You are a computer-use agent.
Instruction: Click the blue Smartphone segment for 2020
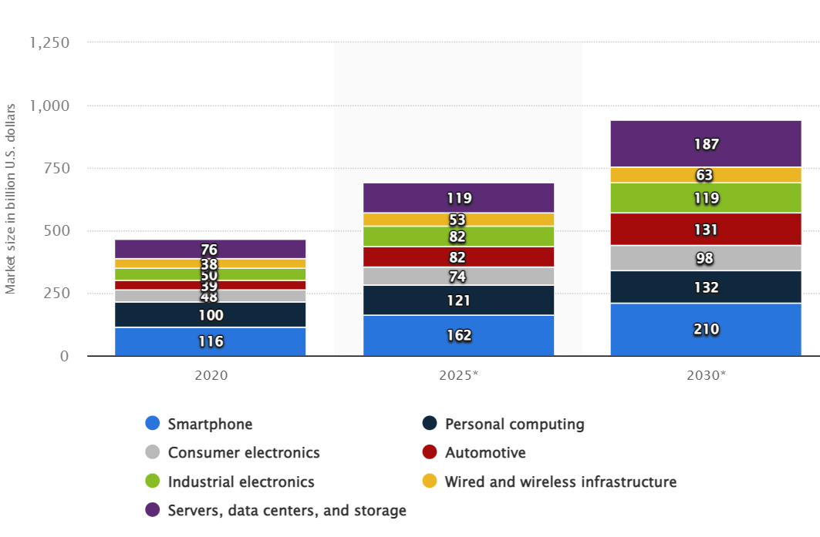click(210, 341)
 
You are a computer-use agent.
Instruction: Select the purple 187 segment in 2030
click(706, 143)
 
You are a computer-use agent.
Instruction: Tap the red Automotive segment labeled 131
click(706, 230)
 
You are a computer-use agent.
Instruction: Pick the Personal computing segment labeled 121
click(458, 300)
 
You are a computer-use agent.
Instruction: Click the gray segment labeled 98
click(706, 258)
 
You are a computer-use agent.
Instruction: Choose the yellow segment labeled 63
click(706, 175)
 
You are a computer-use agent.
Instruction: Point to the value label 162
click(458, 336)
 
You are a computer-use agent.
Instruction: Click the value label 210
click(706, 330)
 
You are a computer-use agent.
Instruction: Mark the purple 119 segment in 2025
click(458, 198)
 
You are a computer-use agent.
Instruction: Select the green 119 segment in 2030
click(706, 198)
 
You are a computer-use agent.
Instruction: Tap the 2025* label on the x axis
click(458, 375)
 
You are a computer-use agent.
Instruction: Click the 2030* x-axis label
click(706, 375)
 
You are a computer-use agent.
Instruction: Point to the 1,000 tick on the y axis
click(49, 106)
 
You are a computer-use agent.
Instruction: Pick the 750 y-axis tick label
click(55, 168)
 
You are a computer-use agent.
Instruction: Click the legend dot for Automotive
click(430, 452)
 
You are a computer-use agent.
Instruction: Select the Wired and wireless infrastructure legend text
click(561, 482)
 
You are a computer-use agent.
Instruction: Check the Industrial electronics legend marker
click(153, 482)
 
